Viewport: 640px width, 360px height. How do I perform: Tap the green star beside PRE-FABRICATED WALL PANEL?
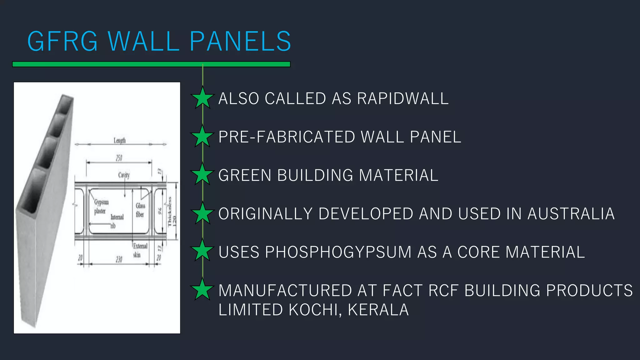pos(202,137)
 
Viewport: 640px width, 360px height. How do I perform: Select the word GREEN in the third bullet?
pos(245,175)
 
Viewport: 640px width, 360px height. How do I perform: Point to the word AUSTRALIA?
pos(571,214)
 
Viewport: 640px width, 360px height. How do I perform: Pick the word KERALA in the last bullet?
pos(378,310)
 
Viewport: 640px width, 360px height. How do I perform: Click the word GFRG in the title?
pos(62,41)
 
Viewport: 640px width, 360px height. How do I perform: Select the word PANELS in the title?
pos(240,41)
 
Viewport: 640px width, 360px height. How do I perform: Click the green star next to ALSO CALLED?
pos(202,98)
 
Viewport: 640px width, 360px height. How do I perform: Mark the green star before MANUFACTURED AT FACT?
pos(202,289)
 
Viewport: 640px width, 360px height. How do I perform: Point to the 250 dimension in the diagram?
pos(119,158)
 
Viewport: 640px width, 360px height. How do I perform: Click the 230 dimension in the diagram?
pos(119,259)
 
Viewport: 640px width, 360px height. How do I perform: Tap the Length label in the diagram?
pos(120,141)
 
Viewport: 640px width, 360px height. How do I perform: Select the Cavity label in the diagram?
pos(124,175)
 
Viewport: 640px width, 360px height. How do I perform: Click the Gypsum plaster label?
pos(101,207)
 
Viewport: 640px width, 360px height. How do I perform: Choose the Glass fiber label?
pos(140,210)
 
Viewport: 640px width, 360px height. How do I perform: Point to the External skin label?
pos(140,250)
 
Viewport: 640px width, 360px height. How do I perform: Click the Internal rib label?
pos(117,221)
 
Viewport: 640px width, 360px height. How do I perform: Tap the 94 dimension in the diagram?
pos(160,211)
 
